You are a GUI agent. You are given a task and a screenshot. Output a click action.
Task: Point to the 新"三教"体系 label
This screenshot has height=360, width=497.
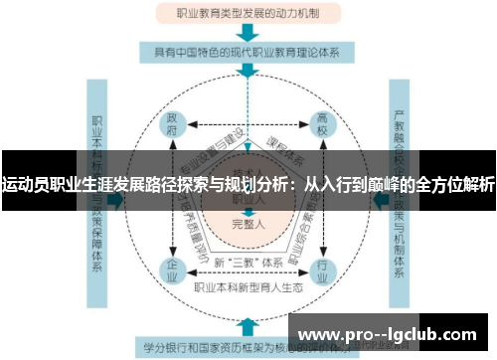pyautogui.click(x=247, y=261)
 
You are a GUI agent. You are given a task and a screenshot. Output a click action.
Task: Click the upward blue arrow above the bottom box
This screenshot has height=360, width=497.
pyautogui.click(x=248, y=325)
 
